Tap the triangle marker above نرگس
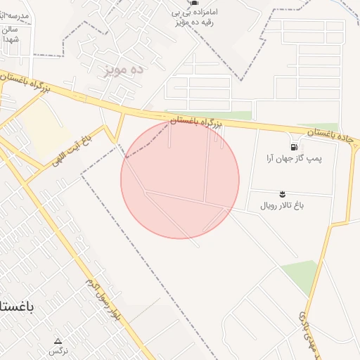coord(58,341)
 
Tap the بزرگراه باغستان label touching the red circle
coord(197,122)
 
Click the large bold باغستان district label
coord(17,308)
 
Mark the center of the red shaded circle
coord(180,180)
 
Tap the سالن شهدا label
coord(12,34)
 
